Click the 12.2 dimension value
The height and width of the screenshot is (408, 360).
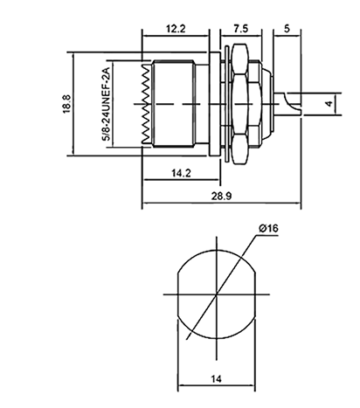tap(176, 29)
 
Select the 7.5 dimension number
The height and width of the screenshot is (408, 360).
tap(241, 29)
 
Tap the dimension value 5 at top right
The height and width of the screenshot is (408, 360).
tap(287, 29)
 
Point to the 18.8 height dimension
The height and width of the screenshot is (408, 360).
tap(66, 104)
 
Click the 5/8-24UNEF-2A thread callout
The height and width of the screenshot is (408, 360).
tap(106, 104)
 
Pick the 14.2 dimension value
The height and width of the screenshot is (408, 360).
tap(181, 173)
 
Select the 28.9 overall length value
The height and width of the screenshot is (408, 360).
tap(222, 196)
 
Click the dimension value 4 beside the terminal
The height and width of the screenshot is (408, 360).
tap(329, 104)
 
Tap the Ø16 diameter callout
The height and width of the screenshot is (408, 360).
tap(268, 228)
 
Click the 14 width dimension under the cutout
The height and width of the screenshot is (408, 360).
tap(216, 379)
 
